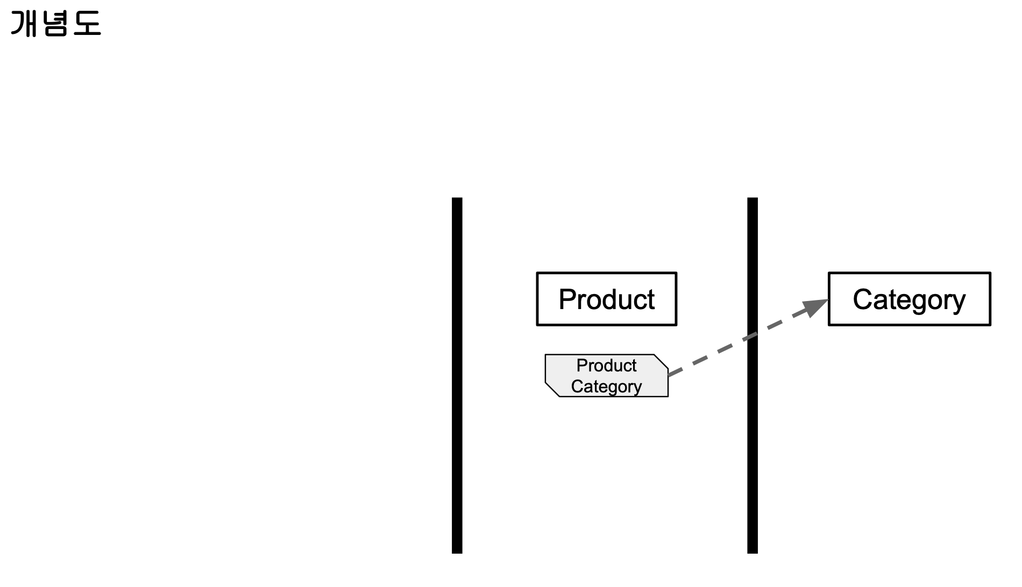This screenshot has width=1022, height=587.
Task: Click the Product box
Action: pos(606,299)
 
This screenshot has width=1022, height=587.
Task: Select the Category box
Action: pos(909,299)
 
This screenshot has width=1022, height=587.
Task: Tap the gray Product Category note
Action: pos(606,376)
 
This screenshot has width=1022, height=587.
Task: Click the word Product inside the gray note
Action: pos(606,366)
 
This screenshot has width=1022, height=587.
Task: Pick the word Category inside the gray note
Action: pos(606,386)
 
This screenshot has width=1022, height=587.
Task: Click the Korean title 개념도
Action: pos(56,24)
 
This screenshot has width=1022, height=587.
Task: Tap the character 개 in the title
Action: pos(25,24)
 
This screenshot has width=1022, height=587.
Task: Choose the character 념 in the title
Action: pos(55,24)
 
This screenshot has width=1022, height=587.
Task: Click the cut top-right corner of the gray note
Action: pos(661,362)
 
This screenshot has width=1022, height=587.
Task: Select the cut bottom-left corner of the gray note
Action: pos(552,390)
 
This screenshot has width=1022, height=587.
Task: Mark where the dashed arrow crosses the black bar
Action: pos(753,336)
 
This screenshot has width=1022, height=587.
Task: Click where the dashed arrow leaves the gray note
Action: pos(669,374)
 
